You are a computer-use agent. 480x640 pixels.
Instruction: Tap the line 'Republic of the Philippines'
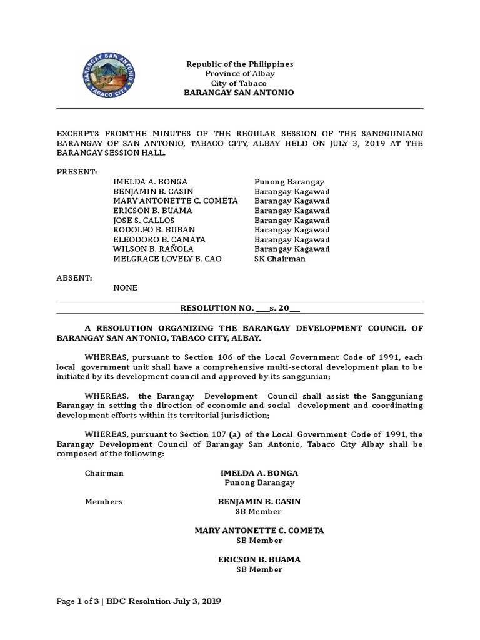pyautogui.click(x=240, y=64)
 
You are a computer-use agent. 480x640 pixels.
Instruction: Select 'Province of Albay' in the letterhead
pyautogui.click(x=240, y=74)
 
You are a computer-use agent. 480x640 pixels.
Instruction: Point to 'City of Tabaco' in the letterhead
pyautogui.click(x=240, y=83)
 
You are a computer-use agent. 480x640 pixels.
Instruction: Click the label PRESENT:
pyautogui.click(x=77, y=171)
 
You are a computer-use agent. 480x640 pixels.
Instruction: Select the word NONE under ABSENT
pyautogui.click(x=125, y=288)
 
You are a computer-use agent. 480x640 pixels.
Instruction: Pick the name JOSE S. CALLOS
pyautogui.click(x=144, y=220)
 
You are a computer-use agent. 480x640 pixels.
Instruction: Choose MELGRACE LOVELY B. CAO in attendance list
pyautogui.click(x=167, y=259)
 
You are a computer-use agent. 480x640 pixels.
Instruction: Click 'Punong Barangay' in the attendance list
pyautogui.click(x=289, y=181)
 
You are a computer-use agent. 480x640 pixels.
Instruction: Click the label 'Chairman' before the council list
pyautogui.click(x=104, y=473)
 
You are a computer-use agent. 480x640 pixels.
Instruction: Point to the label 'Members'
pyautogui.click(x=103, y=502)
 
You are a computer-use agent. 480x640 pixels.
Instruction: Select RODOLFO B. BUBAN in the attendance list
pyautogui.click(x=151, y=229)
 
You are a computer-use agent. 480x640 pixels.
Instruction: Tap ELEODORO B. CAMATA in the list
pyautogui.click(x=159, y=239)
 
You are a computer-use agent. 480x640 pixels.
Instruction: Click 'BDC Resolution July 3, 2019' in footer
pyautogui.click(x=164, y=601)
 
